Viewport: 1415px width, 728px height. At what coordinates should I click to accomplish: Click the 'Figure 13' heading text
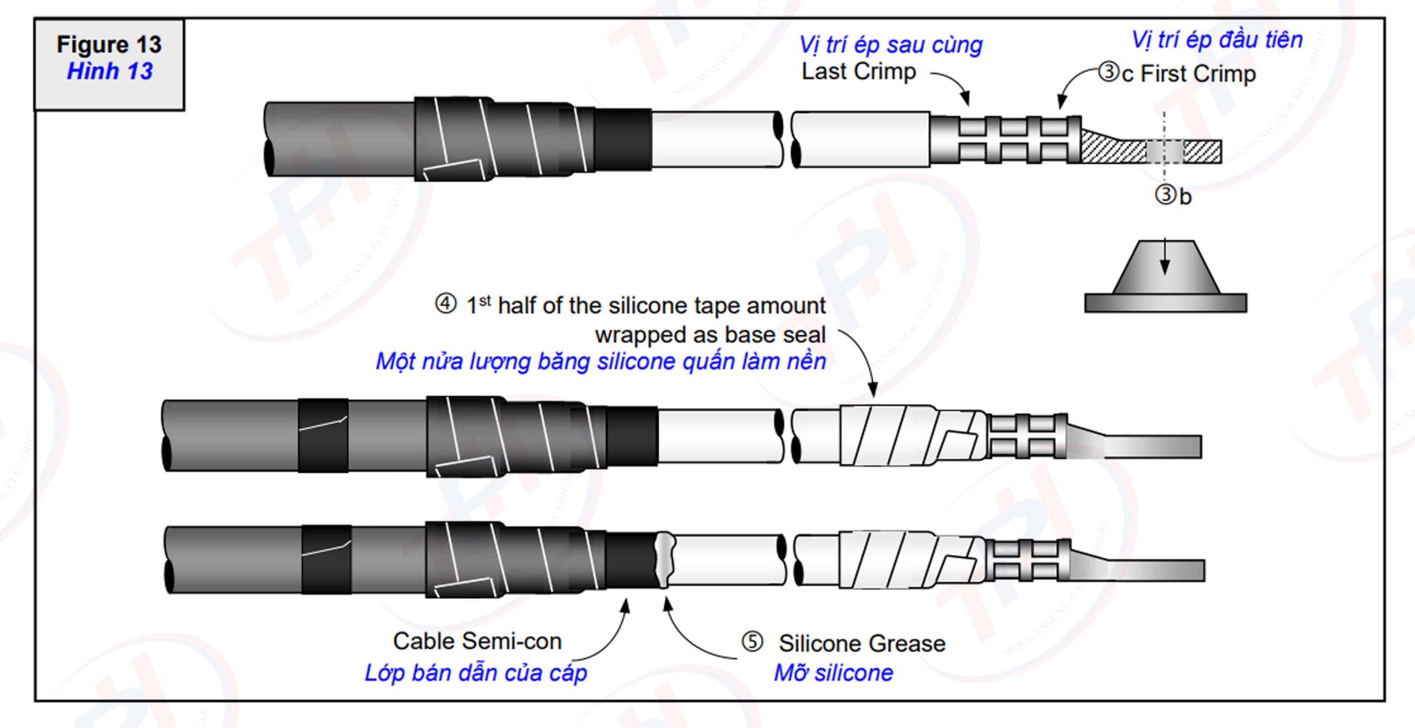pos(109,45)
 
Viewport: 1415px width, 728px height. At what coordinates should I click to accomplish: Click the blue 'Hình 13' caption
pos(109,71)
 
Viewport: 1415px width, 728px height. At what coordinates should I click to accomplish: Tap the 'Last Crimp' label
pos(858,72)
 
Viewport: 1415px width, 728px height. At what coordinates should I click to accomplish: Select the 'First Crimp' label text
pos(1198,74)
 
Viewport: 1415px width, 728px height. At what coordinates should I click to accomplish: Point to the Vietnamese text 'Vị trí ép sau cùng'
pos(890,45)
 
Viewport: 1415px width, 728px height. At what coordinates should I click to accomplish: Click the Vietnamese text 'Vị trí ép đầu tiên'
pos(1217,40)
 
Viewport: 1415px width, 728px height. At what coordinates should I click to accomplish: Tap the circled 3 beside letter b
pos(1166,195)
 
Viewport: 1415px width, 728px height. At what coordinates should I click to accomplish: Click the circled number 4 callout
pos(446,304)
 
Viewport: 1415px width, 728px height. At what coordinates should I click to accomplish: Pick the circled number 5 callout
pos(752,642)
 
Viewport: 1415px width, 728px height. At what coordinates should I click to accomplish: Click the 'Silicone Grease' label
pos(862,644)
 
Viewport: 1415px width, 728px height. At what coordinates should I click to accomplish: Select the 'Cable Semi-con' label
pos(477,641)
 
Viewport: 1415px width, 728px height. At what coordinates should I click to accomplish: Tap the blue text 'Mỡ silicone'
pos(834,673)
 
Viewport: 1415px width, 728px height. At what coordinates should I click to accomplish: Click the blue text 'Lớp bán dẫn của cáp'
pos(475,673)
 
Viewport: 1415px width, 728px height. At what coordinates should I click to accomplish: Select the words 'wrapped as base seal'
pos(710,335)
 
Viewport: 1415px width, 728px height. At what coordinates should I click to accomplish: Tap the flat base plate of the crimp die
pos(1165,303)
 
